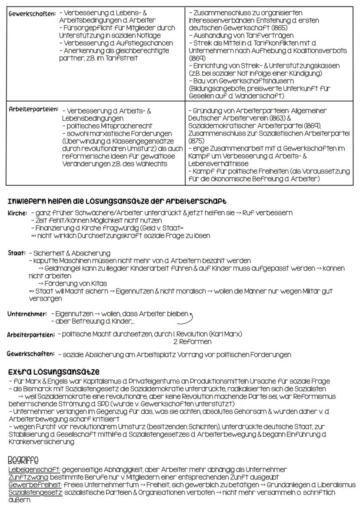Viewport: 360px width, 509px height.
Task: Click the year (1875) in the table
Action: click(194, 140)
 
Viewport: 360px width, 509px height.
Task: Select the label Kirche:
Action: click(16, 213)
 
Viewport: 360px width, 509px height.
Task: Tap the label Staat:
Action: click(16, 253)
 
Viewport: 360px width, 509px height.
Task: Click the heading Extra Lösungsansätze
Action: click(53, 372)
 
